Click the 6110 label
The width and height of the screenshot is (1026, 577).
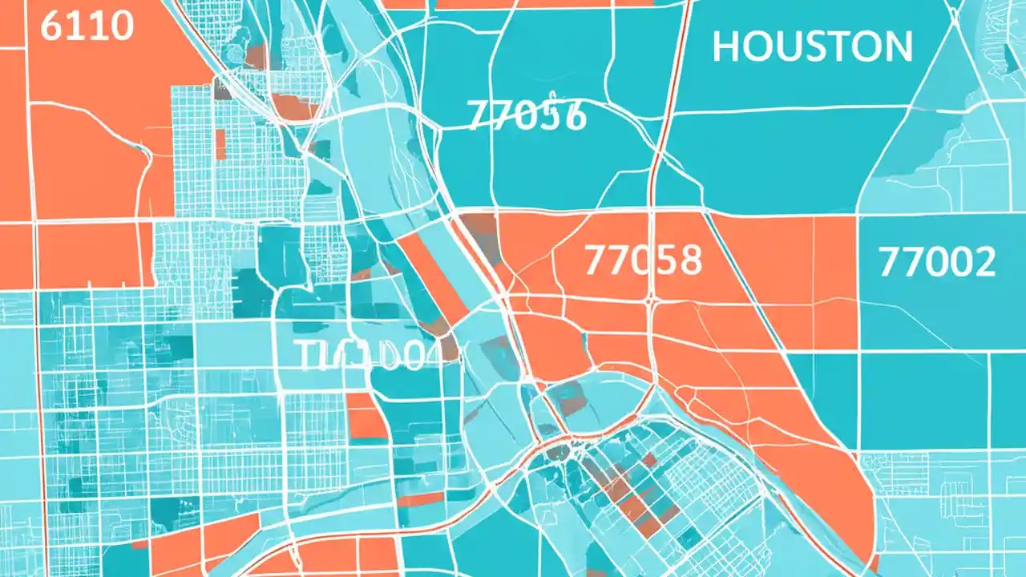click(86, 26)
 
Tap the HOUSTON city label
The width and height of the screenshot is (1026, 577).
click(812, 47)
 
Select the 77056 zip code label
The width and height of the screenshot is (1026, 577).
click(527, 117)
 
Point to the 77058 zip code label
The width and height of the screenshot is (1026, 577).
click(643, 260)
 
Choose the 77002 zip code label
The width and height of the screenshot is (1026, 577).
click(937, 262)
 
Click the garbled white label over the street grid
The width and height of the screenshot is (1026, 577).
click(359, 355)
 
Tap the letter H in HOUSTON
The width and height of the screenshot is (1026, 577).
click(725, 47)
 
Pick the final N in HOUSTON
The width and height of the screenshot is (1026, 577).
click(898, 47)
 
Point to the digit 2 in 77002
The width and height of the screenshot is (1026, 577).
click(983, 262)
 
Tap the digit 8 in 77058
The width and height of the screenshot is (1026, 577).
click(688, 260)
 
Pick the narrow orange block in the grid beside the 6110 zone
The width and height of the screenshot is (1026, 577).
click(220, 144)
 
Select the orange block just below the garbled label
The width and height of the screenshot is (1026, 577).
click(367, 417)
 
